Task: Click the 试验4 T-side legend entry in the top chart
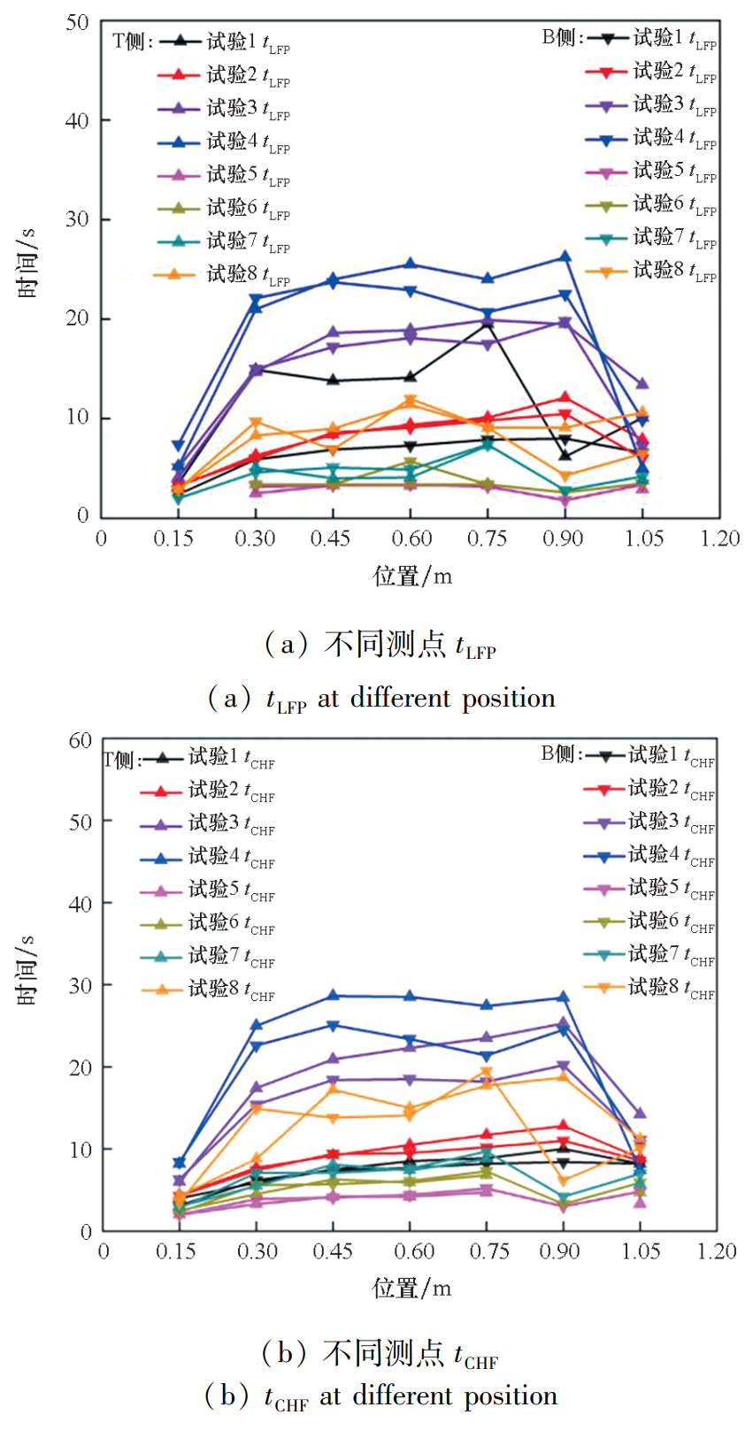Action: (x=248, y=141)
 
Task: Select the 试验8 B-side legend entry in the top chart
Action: (x=674, y=270)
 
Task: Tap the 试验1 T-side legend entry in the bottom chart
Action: (x=231, y=758)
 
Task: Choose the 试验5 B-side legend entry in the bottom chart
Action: (x=671, y=888)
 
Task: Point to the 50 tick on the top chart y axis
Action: (x=78, y=22)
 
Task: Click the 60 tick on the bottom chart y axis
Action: (x=81, y=740)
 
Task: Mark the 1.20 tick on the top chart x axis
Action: (x=719, y=539)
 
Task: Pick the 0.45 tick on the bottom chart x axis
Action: (x=333, y=1251)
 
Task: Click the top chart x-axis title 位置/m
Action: (x=412, y=577)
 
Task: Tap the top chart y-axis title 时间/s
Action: (x=27, y=262)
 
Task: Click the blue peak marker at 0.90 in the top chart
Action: (x=564, y=257)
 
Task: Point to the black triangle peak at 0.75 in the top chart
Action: (x=487, y=324)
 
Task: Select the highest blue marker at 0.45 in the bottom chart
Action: (x=333, y=995)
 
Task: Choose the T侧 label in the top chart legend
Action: (x=133, y=42)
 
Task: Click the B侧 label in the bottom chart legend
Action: (x=561, y=754)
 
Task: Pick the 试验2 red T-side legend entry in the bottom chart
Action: (x=231, y=791)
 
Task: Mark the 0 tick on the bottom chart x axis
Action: (x=104, y=1251)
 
